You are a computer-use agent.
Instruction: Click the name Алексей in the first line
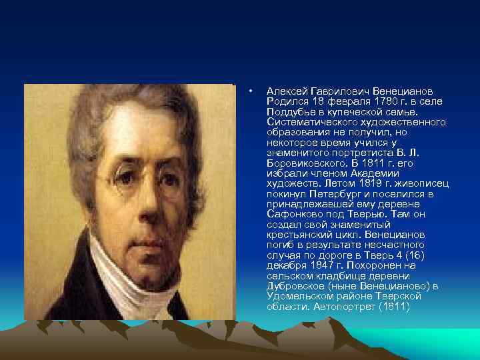pos(285,91)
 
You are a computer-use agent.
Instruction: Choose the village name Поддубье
pos(289,112)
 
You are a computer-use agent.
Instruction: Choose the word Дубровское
pos(296,286)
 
